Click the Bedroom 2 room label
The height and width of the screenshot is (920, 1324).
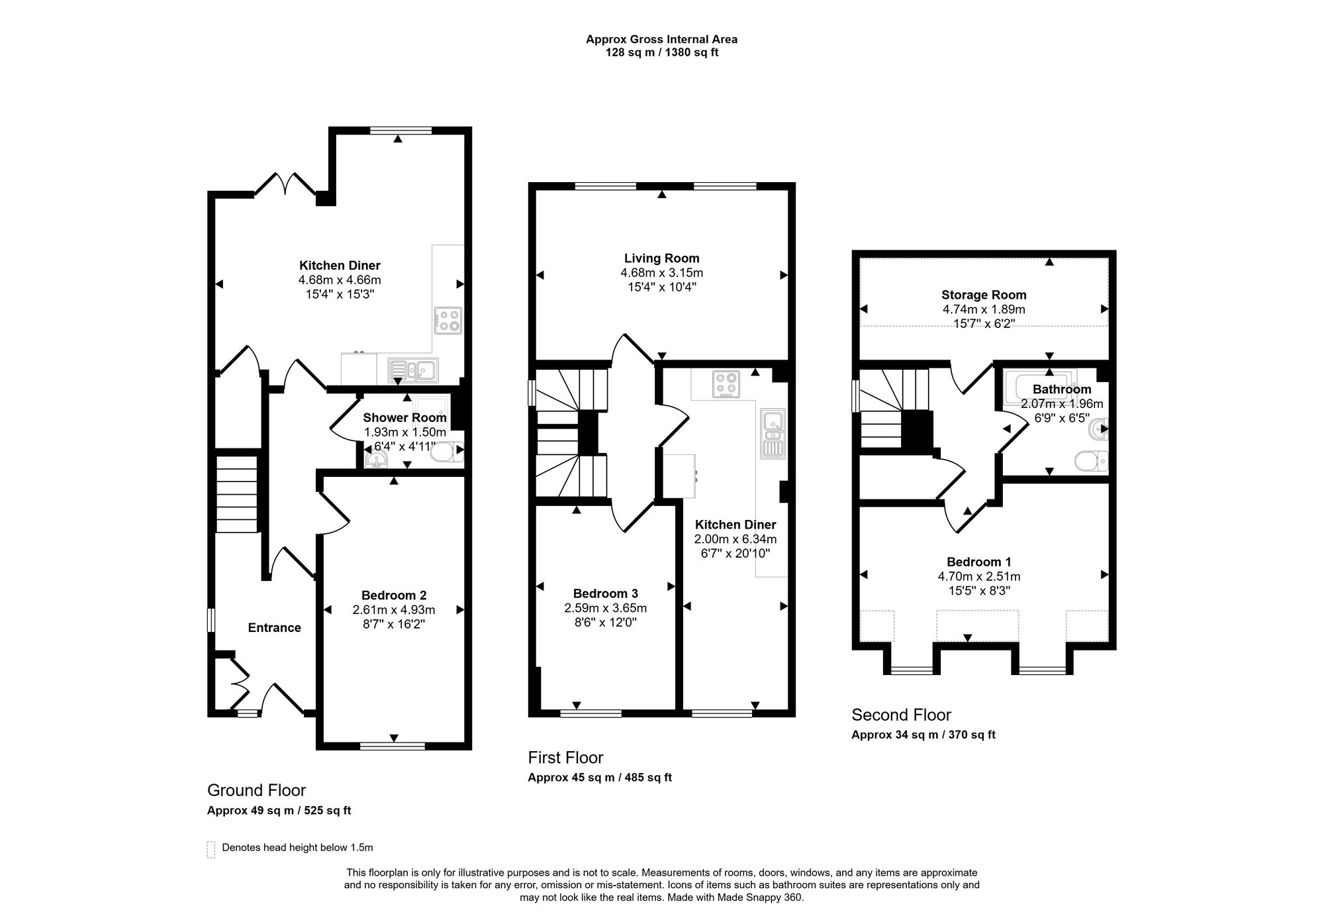[x=393, y=595]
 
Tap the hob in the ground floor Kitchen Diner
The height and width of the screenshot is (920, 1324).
[x=448, y=320]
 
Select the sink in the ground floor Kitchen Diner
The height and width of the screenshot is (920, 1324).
[x=413, y=370]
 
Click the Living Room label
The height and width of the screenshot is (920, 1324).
[x=661, y=258]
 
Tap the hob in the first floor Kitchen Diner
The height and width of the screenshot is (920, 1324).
[x=726, y=384]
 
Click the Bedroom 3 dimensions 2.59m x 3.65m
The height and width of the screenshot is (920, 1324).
[x=605, y=608]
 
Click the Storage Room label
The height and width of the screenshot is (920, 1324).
[x=984, y=295]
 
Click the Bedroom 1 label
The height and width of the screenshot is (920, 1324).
[x=978, y=562]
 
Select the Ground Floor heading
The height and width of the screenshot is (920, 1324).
[x=256, y=790]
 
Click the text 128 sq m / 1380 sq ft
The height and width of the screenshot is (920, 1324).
[x=661, y=52]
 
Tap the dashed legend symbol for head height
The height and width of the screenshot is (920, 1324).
[x=211, y=849]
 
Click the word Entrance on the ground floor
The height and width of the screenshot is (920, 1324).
[x=274, y=628]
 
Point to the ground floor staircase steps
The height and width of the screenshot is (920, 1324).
[x=236, y=493]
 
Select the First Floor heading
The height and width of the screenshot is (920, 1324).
[x=565, y=757]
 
